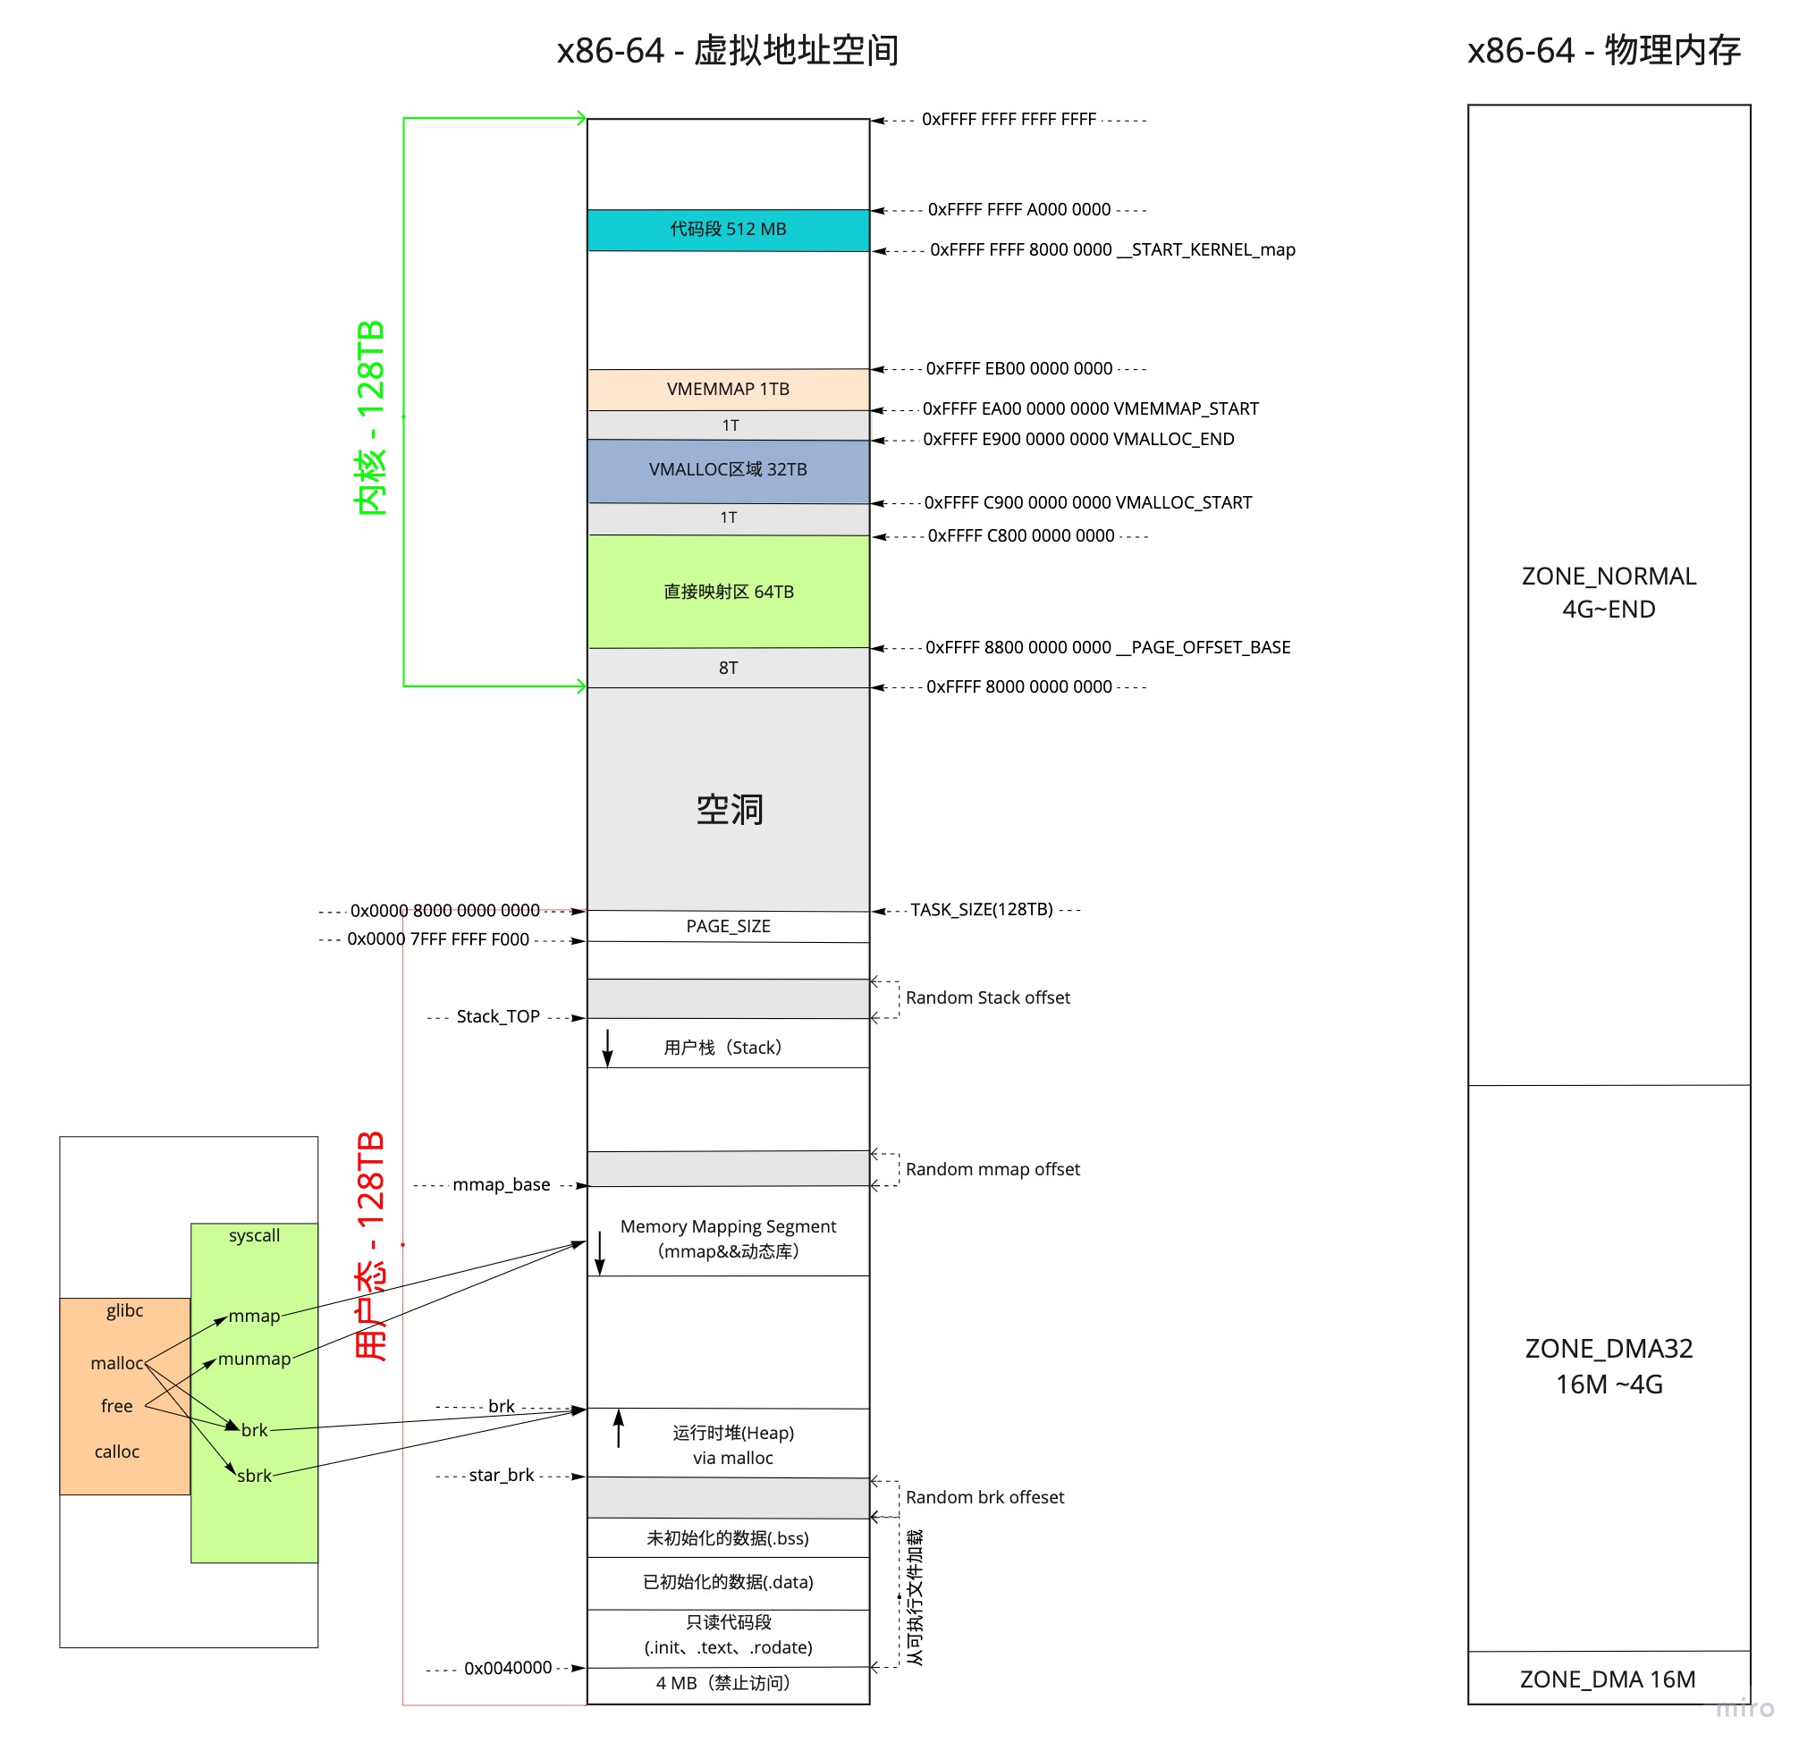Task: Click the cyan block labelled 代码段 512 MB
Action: tap(728, 230)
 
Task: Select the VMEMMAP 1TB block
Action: tap(728, 389)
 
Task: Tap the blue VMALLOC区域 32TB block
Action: tap(728, 470)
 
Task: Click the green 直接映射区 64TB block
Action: tap(728, 592)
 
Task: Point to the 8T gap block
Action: tap(728, 668)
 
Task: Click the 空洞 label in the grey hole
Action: tap(731, 810)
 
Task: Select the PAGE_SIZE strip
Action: tap(728, 926)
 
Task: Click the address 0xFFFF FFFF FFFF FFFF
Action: tap(1009, 120)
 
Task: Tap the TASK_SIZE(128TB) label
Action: tap(982, 910)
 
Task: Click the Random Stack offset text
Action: tap(988, 997)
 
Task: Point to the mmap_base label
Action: tap(502, 1184)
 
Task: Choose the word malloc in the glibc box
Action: tap(117, 1363)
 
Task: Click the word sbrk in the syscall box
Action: tap(255, 1477)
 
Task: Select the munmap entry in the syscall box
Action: tap(255, 1359)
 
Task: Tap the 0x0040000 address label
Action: tap(508, 1668)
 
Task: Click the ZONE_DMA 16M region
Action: tap(1609, 1679)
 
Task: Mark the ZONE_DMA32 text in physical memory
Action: tap(1609, 1349)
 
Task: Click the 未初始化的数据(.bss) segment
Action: tap(728, 1538)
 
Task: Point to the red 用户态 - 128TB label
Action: tap(370, 1246)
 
